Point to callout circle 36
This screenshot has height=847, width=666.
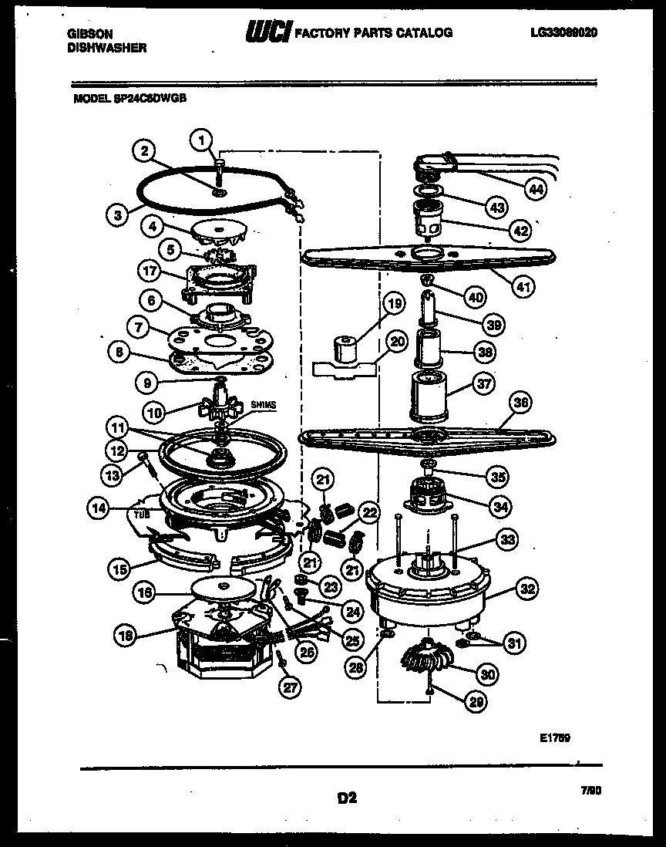(522, 403)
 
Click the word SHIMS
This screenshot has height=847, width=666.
(261, 404)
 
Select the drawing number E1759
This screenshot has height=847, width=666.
(554, 737)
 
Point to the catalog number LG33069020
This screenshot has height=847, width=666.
(564, 33)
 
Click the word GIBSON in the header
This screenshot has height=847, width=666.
(91, 33)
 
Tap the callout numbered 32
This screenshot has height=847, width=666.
(527, 590)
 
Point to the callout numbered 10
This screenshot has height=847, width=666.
(156, 413)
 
